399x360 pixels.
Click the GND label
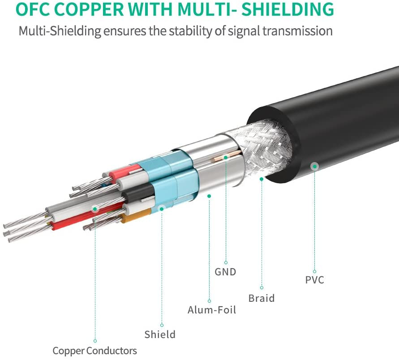pos(225,272)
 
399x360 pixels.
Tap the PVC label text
pos(314,281)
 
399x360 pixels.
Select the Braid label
pos(262,298)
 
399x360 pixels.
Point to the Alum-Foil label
pos(212,310)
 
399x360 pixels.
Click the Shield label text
pos(160,334)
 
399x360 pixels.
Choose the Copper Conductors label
pos(94,351)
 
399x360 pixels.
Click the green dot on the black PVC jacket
pos(315,166)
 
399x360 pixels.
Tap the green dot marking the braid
pos(262,179)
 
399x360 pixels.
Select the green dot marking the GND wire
pos(226,157)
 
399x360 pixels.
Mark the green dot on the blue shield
pos(162,208)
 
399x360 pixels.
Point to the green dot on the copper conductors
pos(94,209)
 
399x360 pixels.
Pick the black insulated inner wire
pos(136,194)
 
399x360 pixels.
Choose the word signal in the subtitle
pos(246,31)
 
